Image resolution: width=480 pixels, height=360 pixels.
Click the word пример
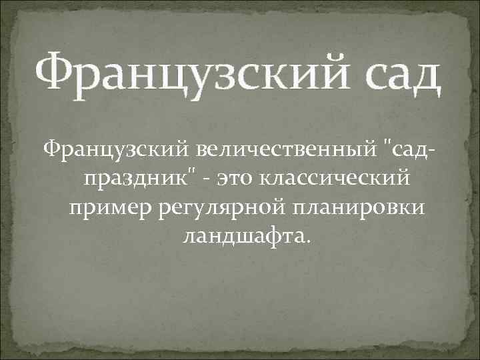pyautogui.click(x=111, y=209)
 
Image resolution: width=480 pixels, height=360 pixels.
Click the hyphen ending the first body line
pyautogui.click(x=433, y=150)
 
